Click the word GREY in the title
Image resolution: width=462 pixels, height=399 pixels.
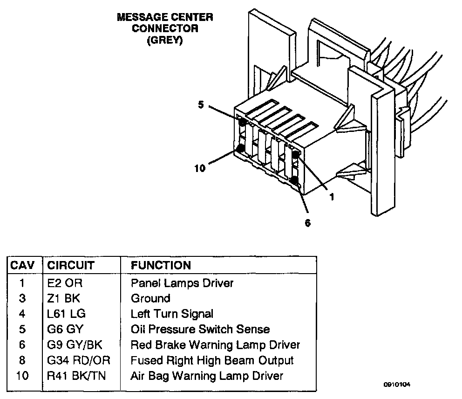[165, 40]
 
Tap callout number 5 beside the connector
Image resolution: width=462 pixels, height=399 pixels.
[201, 105]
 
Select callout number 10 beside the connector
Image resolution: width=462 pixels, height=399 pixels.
[200, 168]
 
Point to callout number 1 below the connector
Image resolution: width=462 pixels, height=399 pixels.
[332, 197]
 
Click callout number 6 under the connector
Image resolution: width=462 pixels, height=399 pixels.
[307, 223]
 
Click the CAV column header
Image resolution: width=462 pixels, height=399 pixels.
[22, 265]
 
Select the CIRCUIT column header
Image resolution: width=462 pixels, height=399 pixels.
[71, 265]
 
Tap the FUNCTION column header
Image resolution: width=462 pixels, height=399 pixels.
[161, 265]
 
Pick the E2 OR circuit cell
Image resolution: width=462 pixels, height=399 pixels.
[65, 283]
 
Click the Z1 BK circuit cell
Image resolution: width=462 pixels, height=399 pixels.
[64, 298]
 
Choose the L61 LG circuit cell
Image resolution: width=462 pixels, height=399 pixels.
[66, 314]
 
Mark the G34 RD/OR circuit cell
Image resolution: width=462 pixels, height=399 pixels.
[79, 360]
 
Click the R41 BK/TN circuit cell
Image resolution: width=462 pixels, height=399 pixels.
[76, 376]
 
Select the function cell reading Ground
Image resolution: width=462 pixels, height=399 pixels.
[150, 298]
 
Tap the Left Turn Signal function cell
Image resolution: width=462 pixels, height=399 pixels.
[172, 314]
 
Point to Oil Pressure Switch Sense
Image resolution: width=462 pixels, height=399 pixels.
[200, 329]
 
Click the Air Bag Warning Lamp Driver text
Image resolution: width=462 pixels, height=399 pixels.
[207, 376]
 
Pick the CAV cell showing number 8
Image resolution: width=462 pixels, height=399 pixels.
[22, 360]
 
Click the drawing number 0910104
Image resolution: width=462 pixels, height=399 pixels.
[397, 385]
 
